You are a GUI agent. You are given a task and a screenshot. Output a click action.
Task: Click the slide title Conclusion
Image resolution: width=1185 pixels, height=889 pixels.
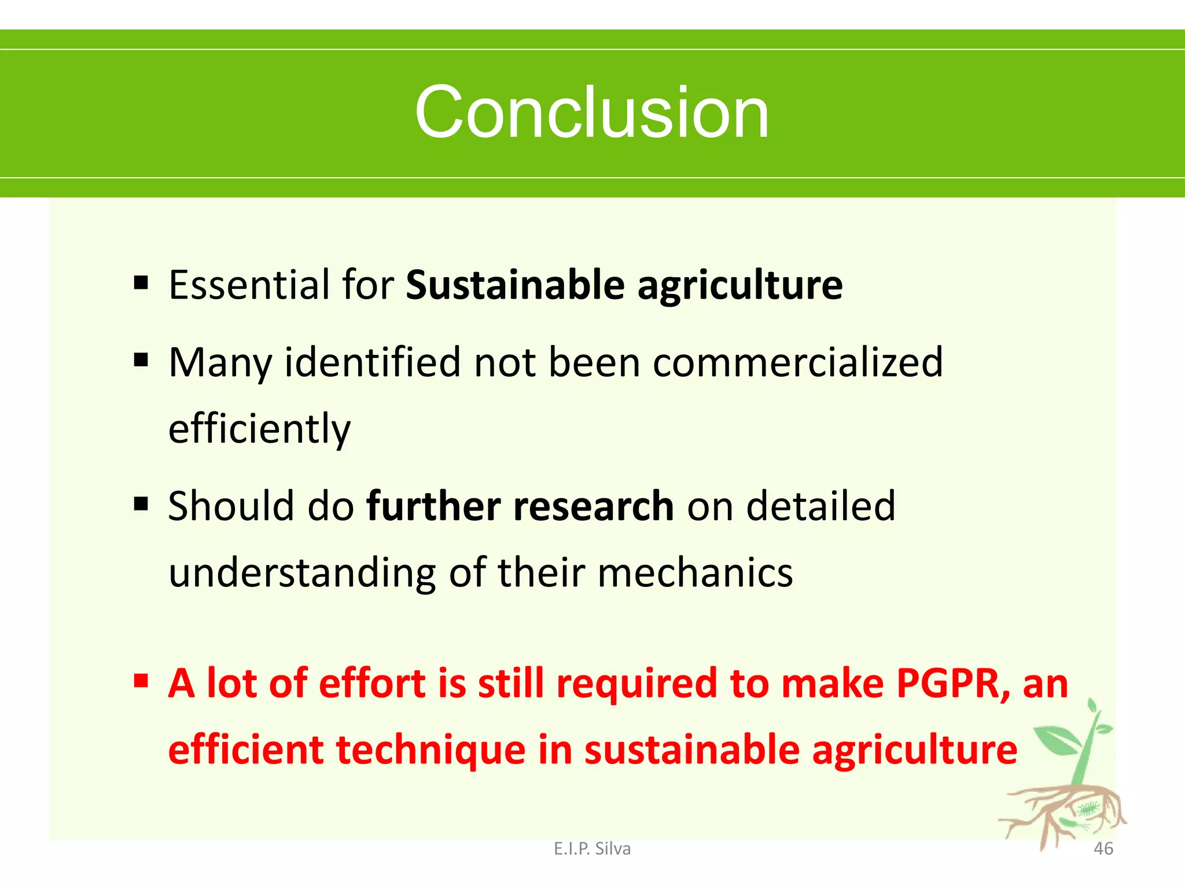pos(591,112)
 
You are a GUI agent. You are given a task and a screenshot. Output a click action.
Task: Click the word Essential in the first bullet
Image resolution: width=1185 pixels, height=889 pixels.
pos(248,285)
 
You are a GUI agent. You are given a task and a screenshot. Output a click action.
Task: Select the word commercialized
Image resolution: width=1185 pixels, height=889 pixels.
pos(798,363)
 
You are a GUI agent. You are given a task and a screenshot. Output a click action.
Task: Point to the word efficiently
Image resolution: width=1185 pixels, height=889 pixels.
pos(259,429)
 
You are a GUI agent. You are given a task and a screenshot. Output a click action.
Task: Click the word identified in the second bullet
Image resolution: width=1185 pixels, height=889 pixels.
pos(373,363)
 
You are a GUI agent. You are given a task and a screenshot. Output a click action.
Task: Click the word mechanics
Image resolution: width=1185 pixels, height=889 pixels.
pos(695,573)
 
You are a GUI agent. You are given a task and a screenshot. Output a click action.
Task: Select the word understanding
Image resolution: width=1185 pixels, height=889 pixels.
pos(301,573)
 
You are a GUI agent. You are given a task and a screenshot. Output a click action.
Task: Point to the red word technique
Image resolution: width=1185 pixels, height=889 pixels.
pos(430,750)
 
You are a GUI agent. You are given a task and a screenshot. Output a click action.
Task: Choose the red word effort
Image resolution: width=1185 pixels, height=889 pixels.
pos(372,684)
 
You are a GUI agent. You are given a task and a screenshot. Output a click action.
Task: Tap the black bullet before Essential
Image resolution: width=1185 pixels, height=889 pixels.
pos(141,282)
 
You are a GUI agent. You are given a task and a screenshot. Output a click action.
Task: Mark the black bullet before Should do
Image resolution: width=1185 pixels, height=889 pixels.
pos(141,504)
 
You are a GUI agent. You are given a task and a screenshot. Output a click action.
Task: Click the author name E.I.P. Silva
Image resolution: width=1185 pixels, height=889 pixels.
pos(592,848)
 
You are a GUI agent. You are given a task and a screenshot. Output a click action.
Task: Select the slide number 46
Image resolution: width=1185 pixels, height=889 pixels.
pos(1103,848)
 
